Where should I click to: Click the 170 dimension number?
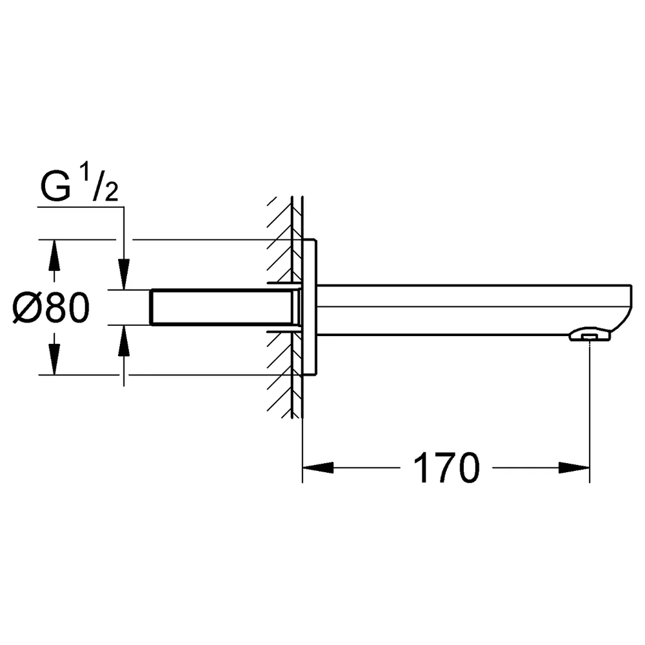pyautogui.click(x=446, y=468)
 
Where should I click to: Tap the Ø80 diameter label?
pyautogui.click(x=51, y=307)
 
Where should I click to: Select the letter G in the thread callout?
pyautogui.click(x=55, y=187)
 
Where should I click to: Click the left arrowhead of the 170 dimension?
pyautogui.click(x=317, y=468)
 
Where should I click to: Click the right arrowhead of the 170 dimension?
pyautogui.click(x=574, y=468)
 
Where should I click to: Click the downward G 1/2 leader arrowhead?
pyautogui.click(x=124, y=274)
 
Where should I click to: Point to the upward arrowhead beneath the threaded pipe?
pyautogui.click(x=124, y=340)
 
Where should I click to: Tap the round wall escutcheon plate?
pyautogui.click(x=310, y=307)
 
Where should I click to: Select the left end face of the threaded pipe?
pyautogui.click(x=152, y=307)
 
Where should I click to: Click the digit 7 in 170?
pyautogui.click(x=444, y=468)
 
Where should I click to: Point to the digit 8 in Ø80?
pyautogui.click(x=55, y=307)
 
